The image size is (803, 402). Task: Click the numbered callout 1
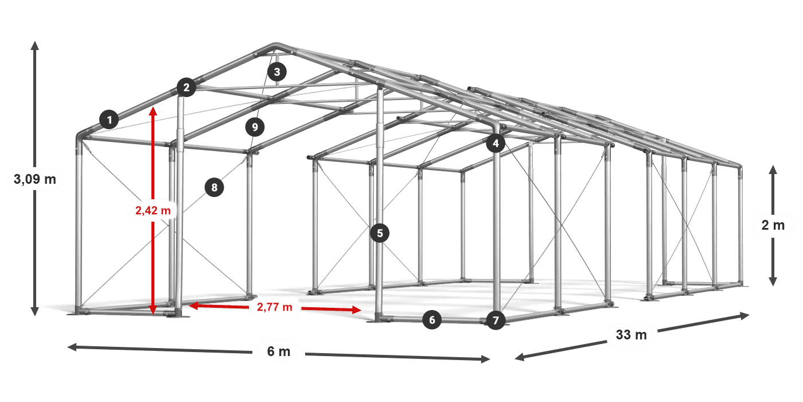pos(110,119)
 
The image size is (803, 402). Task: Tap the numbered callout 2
pos(186,87)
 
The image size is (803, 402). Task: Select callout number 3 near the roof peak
pos(276,72)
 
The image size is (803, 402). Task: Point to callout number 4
pos(496,143)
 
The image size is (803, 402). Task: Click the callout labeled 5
pos(380,233)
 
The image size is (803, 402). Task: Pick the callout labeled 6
pos(432,320)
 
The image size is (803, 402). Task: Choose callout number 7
pos(496,320)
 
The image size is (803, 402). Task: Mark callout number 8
pos(215,187)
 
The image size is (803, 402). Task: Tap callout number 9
pos(255,127)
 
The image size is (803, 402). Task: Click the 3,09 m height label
pos(35,179)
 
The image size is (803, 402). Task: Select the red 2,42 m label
pos(153,210)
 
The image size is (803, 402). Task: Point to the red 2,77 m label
pos(275,307)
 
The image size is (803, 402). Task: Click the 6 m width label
pos(279,351)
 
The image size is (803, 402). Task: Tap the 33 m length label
pos(632,334)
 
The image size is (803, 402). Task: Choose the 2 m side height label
pos(773,225)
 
